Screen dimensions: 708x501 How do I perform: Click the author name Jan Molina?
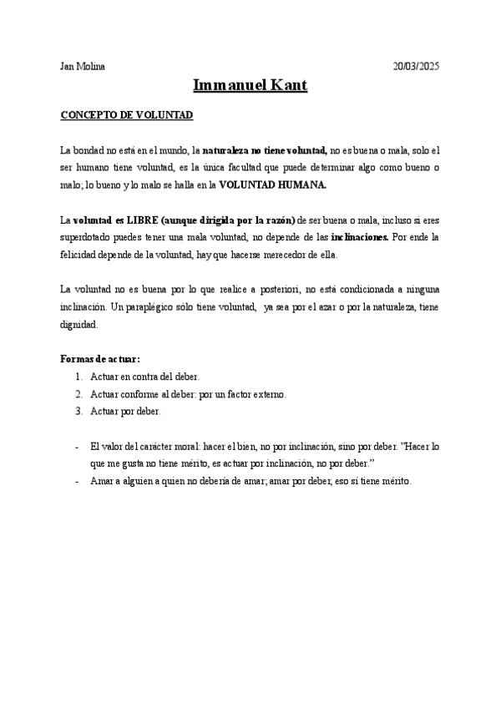coord(83,66)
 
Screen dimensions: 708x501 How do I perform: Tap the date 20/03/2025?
coord(416,66)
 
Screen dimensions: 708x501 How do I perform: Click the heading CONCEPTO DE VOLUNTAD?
coord(127,114)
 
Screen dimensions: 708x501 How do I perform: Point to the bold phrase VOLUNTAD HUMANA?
coord(273,185)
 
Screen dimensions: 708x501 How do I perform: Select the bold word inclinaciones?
coord(359,238)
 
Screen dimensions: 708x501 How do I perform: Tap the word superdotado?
coord(86,238)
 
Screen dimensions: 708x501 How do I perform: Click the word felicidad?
coord(82,255)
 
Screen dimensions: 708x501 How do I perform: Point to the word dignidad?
coord(78,325)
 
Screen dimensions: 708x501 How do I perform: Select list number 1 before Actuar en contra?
coord(79,377)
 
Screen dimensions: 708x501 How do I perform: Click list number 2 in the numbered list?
coord(79,394)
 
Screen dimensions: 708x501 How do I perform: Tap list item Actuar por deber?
coord(126,411)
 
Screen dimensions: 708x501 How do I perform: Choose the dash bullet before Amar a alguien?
coord(77,481)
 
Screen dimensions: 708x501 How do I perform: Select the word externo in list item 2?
coord(269,394)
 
